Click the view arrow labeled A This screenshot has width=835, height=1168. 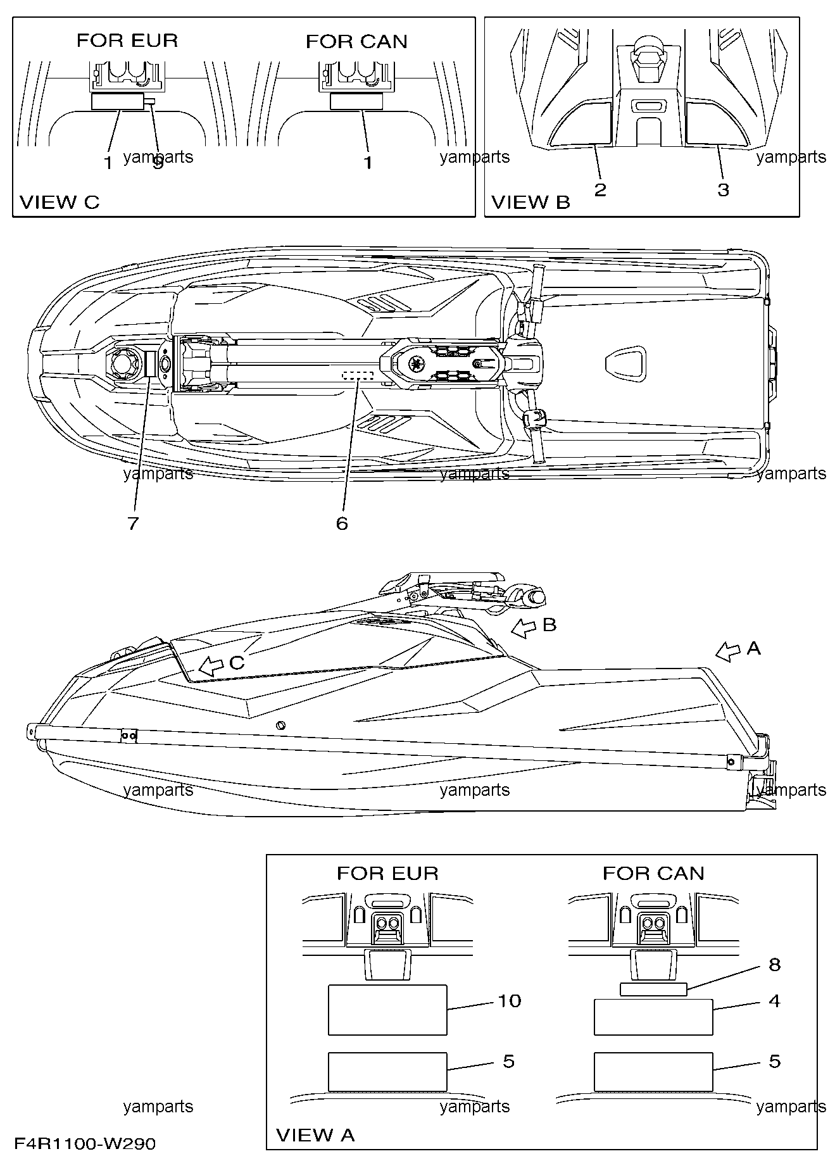click(x=728, y=651)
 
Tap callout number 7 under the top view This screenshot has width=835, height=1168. click(x=133, y=524)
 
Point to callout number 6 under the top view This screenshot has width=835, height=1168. click(x=342, y=524)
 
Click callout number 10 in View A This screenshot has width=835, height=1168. click(x=510, y=1001)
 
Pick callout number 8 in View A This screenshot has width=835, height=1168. click(x=774, y=965)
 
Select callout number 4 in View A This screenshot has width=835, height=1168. click(x=774, y=1001)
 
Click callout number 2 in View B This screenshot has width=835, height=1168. click(x=600, y=189)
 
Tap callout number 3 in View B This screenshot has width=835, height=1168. click(x=723, y=189)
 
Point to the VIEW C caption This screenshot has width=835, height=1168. click(x=60, y=203)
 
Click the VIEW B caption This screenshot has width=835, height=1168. click(x=531, y=203)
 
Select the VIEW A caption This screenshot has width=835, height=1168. click(x=316, y=1135)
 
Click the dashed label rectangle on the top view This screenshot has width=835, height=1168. click(x=357, y=376)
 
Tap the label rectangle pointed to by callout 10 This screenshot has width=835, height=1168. click(x=387, y=1010)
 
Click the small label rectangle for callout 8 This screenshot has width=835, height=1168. click(x=653, y=989)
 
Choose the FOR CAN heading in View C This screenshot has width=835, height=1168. click(x=356, y=42)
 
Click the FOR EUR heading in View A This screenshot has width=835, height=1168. click(x=387, y=874)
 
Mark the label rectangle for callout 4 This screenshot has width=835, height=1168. click(x=653, y=1017)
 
